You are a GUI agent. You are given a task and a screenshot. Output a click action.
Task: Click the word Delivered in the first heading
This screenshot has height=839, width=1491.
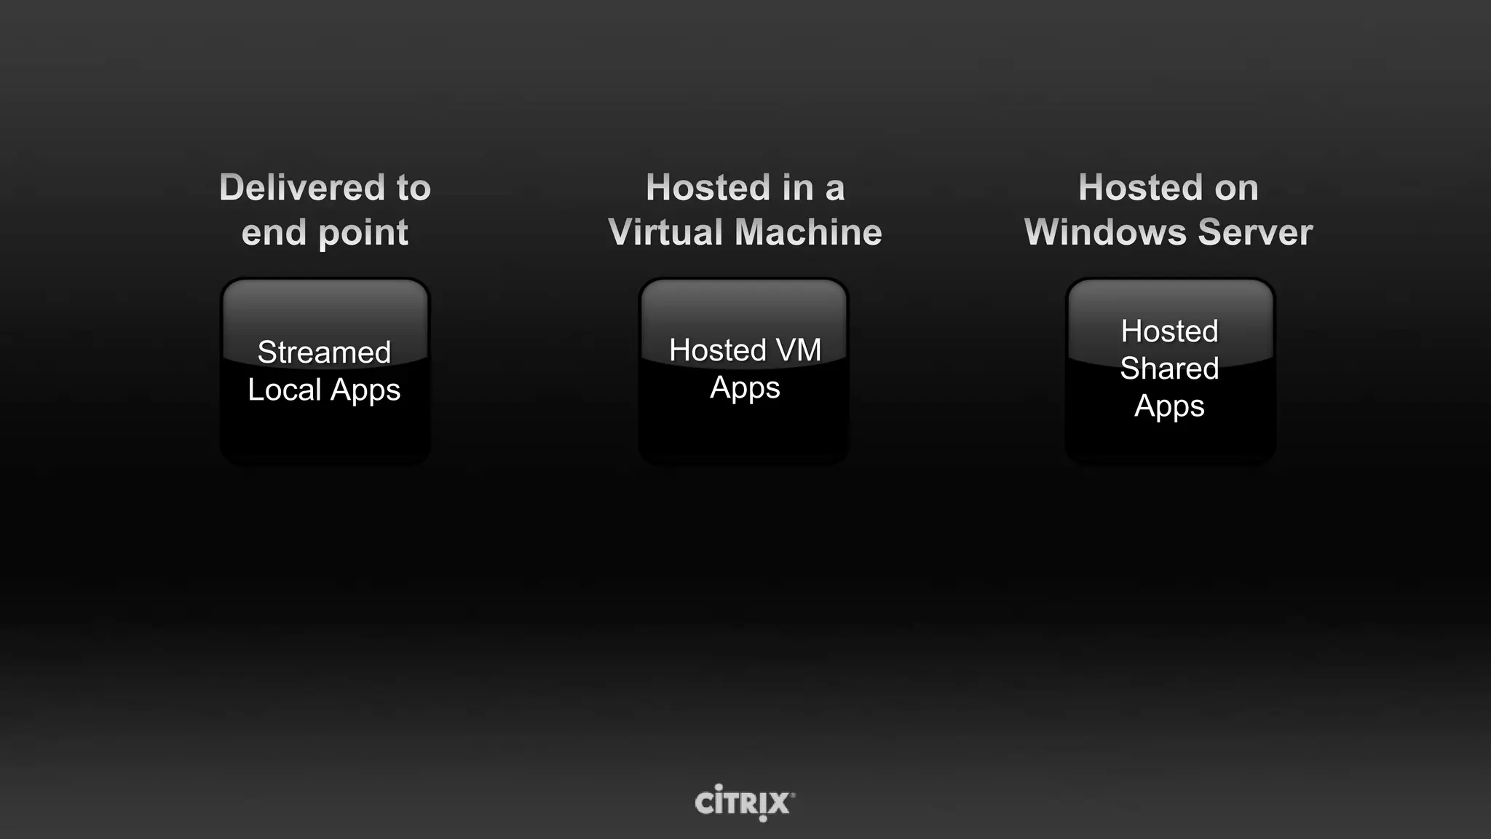[302, 188]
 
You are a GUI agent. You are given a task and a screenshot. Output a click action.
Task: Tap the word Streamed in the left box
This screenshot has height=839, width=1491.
[324, 352]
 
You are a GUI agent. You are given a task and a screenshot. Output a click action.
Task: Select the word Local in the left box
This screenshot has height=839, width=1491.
[284, 390]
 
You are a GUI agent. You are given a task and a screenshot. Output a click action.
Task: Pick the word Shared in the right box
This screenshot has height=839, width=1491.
[1169, 369]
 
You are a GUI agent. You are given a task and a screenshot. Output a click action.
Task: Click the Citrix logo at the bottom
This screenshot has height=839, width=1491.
[744, 803]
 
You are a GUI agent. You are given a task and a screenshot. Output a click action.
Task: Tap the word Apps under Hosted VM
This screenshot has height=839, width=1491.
[745, 388]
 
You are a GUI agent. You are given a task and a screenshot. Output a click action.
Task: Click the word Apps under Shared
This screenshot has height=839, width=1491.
[1169, 407]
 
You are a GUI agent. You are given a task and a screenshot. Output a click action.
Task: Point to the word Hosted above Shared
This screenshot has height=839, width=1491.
[1169, 331]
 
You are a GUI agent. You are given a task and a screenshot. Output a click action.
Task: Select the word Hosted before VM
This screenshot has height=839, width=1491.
[716, 350]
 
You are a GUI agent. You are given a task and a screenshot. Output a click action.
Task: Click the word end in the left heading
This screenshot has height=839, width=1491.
[273, 233]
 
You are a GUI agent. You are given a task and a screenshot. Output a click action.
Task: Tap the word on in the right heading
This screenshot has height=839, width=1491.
[1235, 188]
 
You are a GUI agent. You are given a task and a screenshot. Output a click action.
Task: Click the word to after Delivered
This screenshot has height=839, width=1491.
[414, 188]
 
